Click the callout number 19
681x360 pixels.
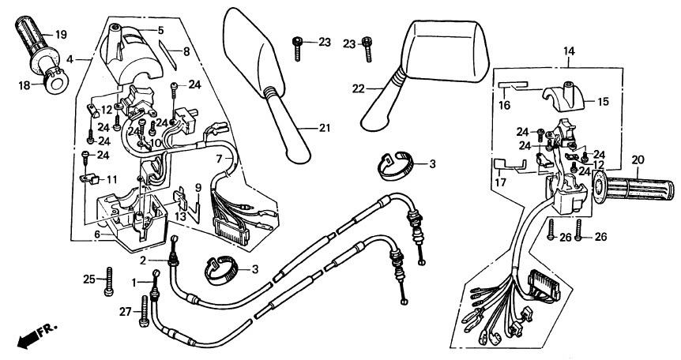click(x=62, y=35)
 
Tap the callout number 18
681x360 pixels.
click(x=24, y=85)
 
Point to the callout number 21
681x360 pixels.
click(x=325, y=128)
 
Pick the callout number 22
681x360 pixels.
click(x=359, y=88)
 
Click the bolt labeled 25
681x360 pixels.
click(x=108, y=281)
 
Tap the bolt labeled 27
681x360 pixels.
click(x=144, y=311)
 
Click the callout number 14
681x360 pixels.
click(x=569, y=51)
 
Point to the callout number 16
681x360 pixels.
click(x=504, y=106)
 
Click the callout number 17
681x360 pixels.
click(x=501, y=182)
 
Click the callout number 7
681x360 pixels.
click(x=220, y=159)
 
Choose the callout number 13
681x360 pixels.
click(x=181, y=216)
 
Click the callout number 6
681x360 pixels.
click(x=97, y=235)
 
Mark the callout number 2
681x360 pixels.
click(x=143, y=261)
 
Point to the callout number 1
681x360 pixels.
click(x=134, y=283)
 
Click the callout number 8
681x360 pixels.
click(x=186, y=51)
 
